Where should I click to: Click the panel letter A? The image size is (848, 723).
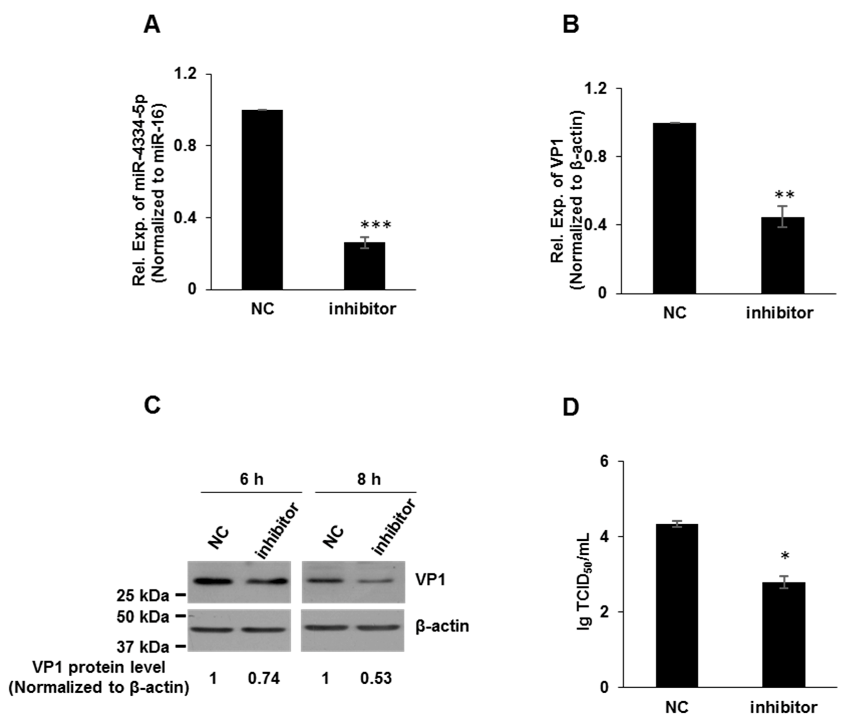(x=152, y=25)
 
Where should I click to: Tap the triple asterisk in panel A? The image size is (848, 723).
(x=376, y=225)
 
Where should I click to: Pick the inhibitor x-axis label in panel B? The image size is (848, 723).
(x=780, y=313)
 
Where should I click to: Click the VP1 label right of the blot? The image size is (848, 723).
(x=430, y=580)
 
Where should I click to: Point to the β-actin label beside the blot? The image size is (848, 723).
(x=442, y=626)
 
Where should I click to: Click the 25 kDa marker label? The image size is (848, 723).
(x=143, y=596)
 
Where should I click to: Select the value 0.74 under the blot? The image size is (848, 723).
(x=264, y=678)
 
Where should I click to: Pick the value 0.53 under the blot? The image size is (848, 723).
(x=376, y=678)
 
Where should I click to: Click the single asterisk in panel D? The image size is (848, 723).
(x=785, y=556)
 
